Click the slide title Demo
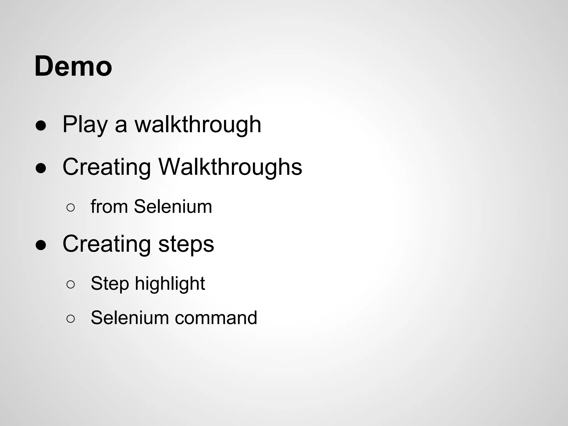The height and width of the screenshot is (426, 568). (73, 67)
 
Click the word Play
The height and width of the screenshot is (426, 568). (85, 125)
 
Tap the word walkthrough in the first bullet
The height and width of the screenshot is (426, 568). (198, 125)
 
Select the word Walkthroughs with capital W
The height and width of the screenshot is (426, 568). (230, 167)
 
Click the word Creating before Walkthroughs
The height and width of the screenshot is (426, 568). (107, 167)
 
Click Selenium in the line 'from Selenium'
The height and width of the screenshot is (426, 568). (173, 207)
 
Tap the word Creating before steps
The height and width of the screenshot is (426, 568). (107, 244)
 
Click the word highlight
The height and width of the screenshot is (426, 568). (170, 284)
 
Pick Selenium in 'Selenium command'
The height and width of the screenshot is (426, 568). (130, 318)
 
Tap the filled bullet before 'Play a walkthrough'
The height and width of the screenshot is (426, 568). (40, 126)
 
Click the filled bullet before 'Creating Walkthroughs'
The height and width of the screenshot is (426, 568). (40, 168)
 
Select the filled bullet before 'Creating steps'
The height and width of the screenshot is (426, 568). (40, 245)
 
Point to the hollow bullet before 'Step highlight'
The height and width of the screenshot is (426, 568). (70, 285)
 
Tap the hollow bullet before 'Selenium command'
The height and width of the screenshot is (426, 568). (70, 319)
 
